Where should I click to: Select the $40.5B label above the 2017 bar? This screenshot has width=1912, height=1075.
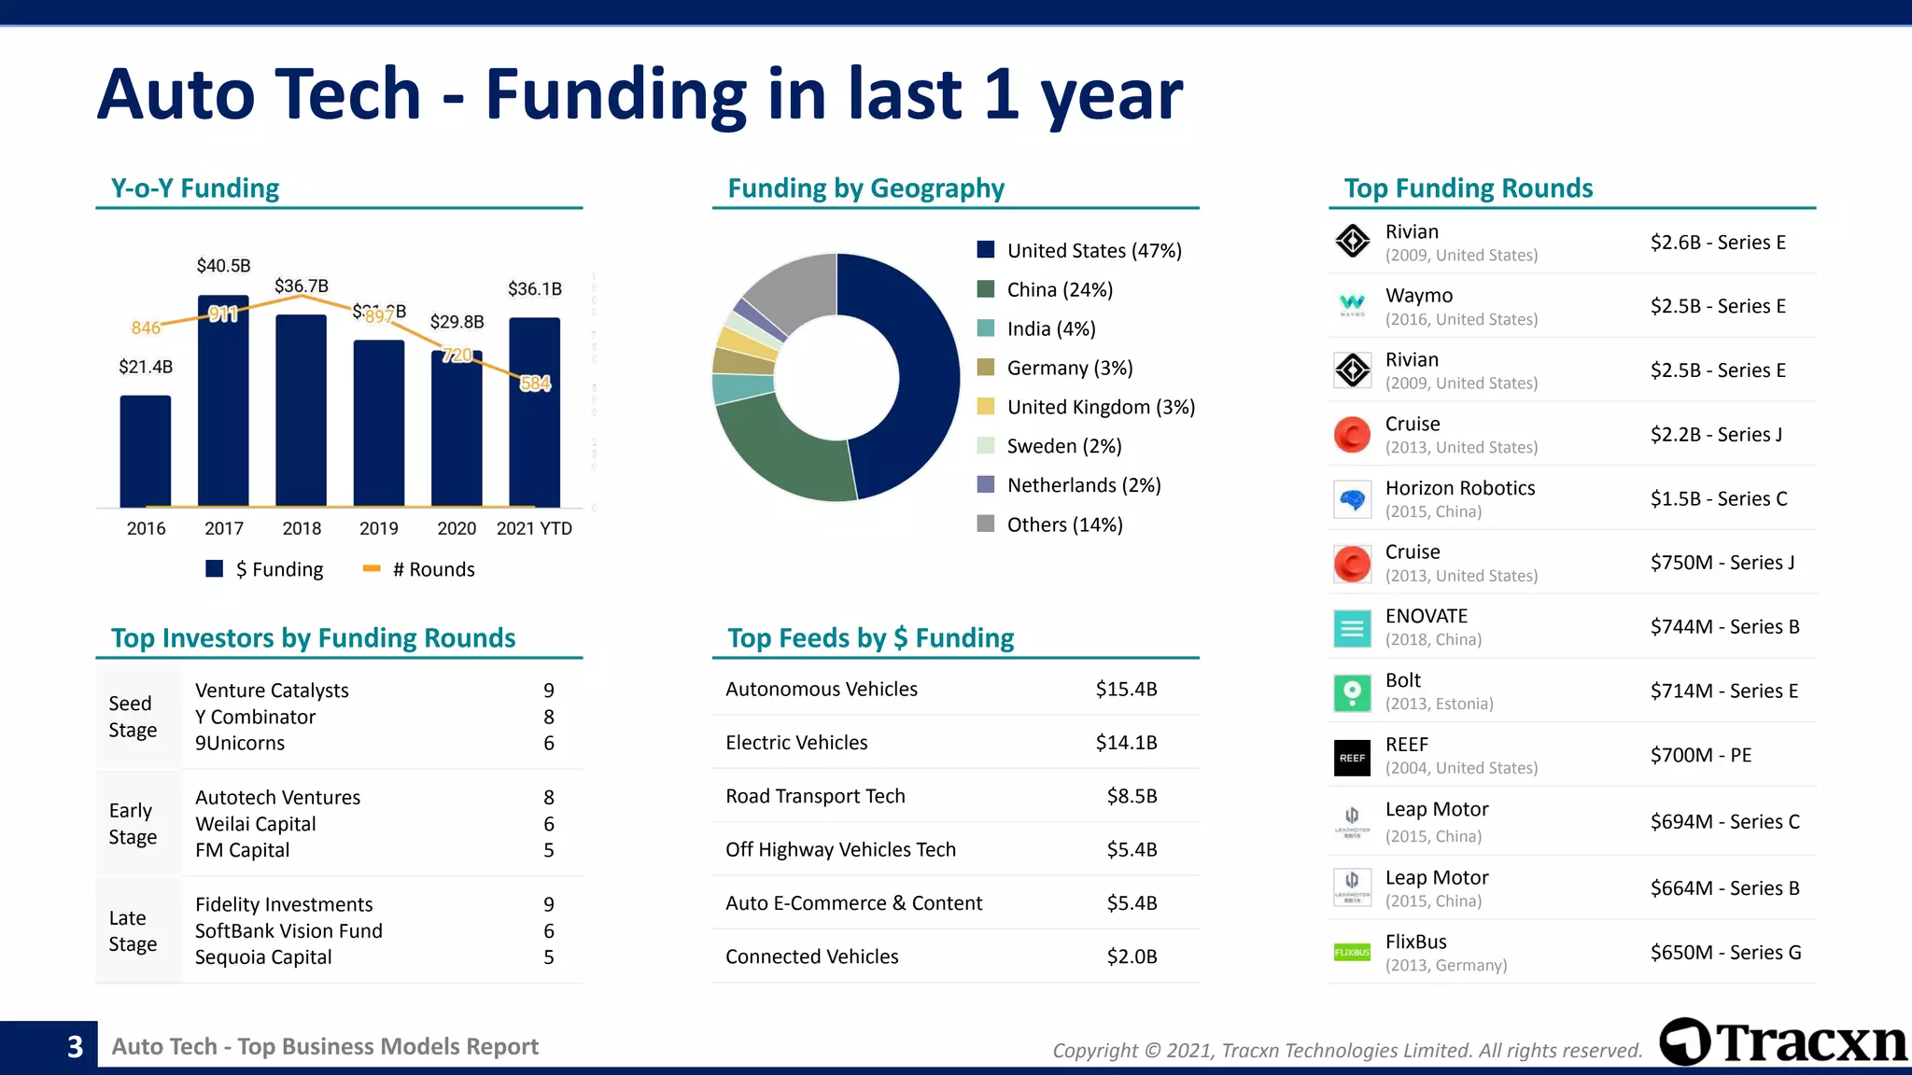pyautogui.click(x=223, y=266)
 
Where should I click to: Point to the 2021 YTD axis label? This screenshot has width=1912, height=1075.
pyautogui.click(x=534, y=528)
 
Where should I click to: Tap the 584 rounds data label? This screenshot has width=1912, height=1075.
pyautogui.click(x=535, y=384)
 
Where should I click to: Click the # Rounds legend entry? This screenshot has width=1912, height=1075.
pyautogui.click(x=419, y=569)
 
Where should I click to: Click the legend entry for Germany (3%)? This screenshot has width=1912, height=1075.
pyautogui.click(x=1069, y=368)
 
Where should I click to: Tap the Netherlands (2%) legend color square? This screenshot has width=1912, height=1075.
pyautogui.click(x=985, y=484)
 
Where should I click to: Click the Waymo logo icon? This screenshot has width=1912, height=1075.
pyautogui.click(x=1352, y=305)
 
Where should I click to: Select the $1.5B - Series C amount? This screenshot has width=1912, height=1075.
pyautogui.click(x=1718, y=498)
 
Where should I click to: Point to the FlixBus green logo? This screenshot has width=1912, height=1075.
pyautogui.click(x=1352, y=953)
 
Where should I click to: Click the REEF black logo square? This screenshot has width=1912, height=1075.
pyautogui.click(x=1352, y=758)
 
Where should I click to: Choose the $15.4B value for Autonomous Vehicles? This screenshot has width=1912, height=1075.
pyautogui.click(x=1126, y=689)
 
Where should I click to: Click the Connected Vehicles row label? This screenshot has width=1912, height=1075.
pyautogui.click(x=811, y=956)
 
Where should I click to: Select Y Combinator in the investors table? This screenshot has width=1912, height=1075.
pyautogui.click(x=255, y=717)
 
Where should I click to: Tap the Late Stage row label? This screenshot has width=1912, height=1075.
pyautogui.click(x=133, y=930)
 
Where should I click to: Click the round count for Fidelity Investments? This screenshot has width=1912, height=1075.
pyautogui.click(x=549, y=904)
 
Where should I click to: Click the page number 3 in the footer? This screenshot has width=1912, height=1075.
pyautogui.click(x=75, y=1047)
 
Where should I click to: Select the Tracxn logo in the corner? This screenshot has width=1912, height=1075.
pyautogui.click(x=1782, y=1042)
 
